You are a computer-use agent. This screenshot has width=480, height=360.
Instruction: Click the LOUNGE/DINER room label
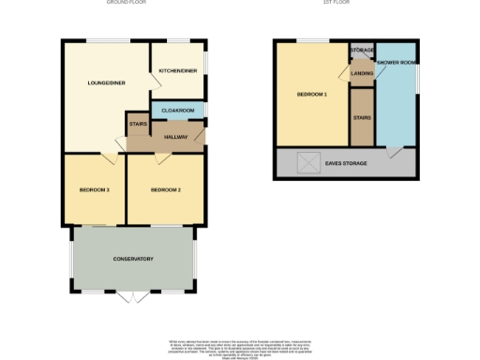point(106,82)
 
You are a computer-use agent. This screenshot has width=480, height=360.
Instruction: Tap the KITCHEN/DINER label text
point(178,70)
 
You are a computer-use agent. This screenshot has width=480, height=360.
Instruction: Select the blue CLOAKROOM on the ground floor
point(178,111)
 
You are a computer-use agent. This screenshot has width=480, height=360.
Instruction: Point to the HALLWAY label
point(176,138)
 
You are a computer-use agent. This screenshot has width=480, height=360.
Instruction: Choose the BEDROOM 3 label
point(95,190)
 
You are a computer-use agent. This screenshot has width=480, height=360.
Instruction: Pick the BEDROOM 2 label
point(165,190)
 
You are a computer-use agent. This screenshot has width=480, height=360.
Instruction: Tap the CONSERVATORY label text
point(133,259)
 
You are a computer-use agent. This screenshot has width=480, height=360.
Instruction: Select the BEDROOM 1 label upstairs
point(312,95)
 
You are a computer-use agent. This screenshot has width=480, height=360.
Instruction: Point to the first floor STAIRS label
point(362,118)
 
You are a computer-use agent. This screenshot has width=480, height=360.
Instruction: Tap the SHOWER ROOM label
point(396,63)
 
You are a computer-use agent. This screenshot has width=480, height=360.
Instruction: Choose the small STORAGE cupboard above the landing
point(362,51)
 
